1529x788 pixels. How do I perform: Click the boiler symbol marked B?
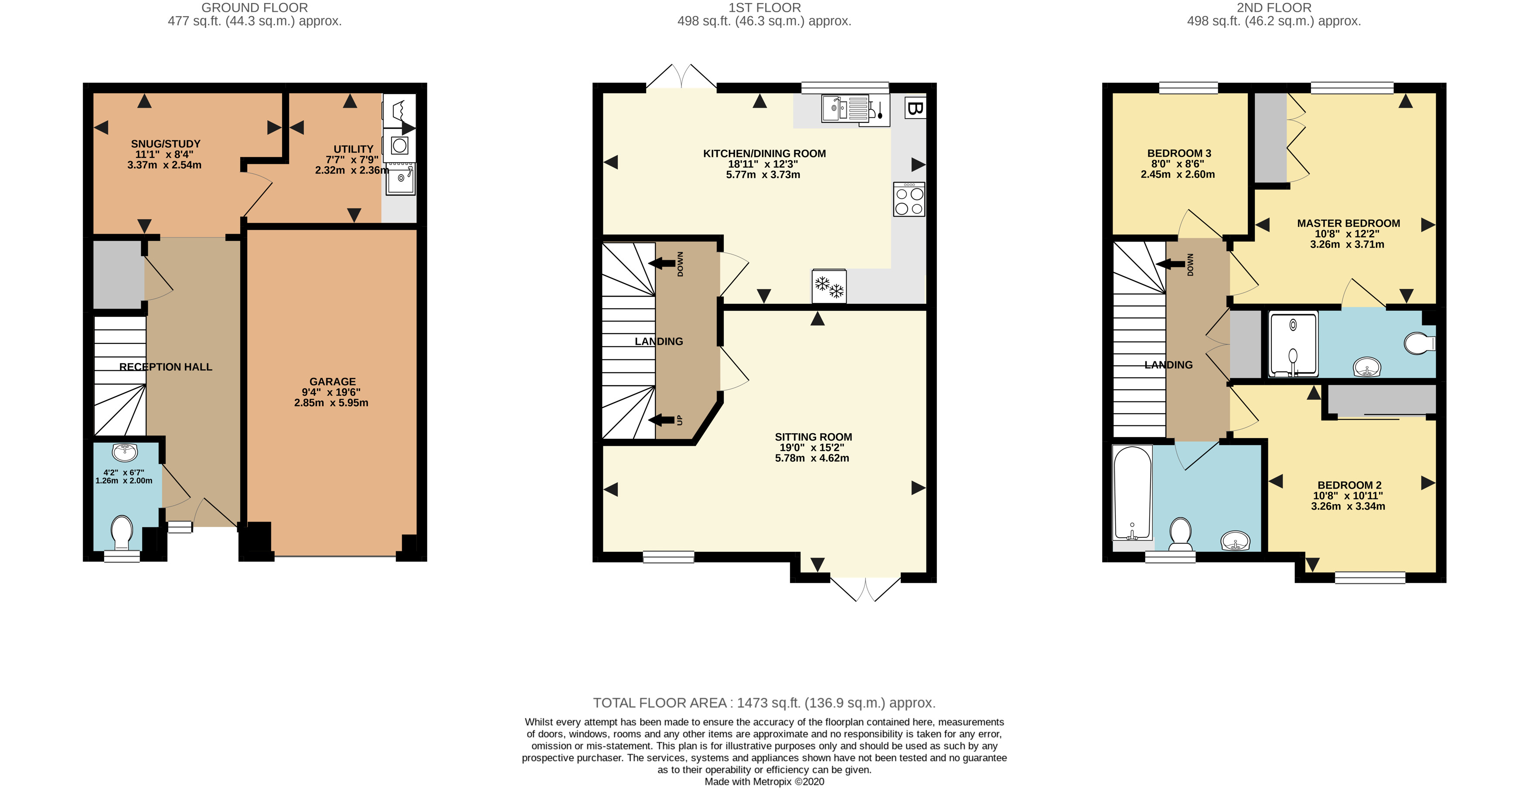[915, 109]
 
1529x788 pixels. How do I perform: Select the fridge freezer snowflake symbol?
[829, 287]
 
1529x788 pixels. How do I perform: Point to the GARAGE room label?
[332, 381]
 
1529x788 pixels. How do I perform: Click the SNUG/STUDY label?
[166, 143]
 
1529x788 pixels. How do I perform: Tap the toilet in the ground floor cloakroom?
[122, 532]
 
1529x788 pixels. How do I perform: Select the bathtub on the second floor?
[1132, 492]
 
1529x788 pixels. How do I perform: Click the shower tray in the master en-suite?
[1293, 344]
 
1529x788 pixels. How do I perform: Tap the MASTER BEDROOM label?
[1348, 223]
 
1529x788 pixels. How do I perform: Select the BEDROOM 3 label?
[1179, 153]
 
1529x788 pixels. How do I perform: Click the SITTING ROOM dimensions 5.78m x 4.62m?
[811, 458]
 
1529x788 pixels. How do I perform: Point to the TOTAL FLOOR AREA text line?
[764, 703]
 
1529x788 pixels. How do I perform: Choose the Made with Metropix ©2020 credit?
[764, 781]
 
